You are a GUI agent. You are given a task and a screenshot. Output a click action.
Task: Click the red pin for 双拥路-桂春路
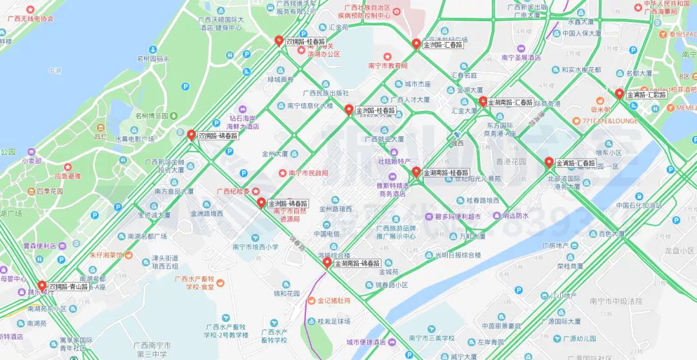click(279, 41)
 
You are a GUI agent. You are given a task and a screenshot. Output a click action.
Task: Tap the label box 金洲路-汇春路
click(443, 45)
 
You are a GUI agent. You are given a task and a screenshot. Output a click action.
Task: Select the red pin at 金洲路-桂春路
click(349, 110)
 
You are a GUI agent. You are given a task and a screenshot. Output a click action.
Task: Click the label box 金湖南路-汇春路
click(510, 103)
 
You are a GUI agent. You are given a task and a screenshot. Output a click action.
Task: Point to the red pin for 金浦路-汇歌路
click(620, 94)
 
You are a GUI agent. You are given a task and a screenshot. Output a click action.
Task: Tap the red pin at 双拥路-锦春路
click(191, 135)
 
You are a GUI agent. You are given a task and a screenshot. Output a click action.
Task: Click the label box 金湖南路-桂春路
click(445, 174)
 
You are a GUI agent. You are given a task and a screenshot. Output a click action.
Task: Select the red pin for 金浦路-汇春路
click(549, 162)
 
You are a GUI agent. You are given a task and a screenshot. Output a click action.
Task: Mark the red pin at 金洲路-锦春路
click(261, 203)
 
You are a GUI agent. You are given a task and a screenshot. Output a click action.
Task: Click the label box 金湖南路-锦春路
click(357, 264)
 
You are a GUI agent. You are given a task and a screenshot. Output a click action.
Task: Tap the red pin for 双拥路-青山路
click(42, 285)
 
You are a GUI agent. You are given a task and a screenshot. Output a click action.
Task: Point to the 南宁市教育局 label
click(388, 66)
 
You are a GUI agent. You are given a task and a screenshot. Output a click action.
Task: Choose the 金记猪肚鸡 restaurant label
click(334, 301)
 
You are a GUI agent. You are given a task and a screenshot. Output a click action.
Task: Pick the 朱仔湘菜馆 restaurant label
click(106, 255)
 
